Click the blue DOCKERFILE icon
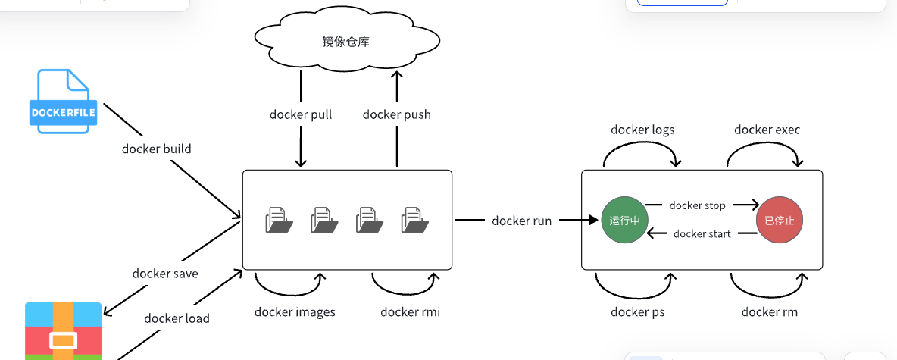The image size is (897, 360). click(64, 102)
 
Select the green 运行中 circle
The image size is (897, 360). click(624, 221)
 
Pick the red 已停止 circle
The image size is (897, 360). click(779, 221)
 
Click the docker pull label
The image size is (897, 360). click(301, 114)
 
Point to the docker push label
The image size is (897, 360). click(396, 114)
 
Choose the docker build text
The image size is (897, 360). click(157, 149)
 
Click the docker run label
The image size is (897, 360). click(522, 221)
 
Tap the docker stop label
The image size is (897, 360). click(697, 205)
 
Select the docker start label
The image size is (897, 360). click(702, 234)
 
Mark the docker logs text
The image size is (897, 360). click(642, 130)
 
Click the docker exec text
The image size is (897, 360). click(767, 130)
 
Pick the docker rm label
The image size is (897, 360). click(769, 311)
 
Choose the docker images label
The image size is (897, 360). click(295, 311)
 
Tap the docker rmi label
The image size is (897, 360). click(410, 311)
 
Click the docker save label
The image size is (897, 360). click(165, 274)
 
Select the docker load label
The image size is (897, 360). click(177, 318)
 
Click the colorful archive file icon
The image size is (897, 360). click(63, 331)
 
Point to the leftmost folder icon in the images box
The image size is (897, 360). click(278, 220)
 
